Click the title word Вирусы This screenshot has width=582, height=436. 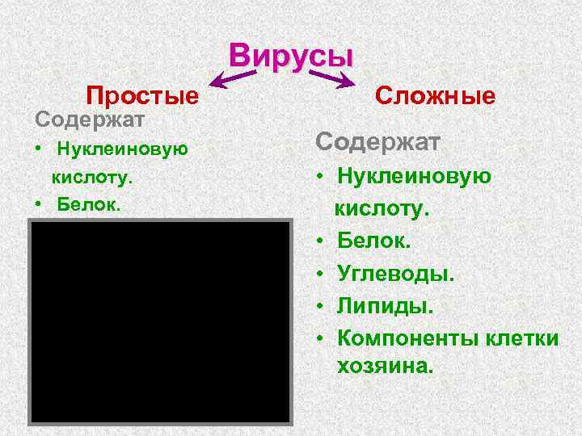coord(291,56)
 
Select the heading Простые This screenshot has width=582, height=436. coord(142,97)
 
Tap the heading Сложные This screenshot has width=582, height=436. coord(436,97)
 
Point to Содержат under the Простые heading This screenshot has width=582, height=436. coord(89,119)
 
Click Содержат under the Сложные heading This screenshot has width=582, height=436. coord(377,142)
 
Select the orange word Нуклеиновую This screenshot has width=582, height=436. coord(122,149)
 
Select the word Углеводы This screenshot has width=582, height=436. coord(396,275)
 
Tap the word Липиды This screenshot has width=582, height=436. coord(386,307)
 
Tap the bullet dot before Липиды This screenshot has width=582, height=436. coord(321,307)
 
